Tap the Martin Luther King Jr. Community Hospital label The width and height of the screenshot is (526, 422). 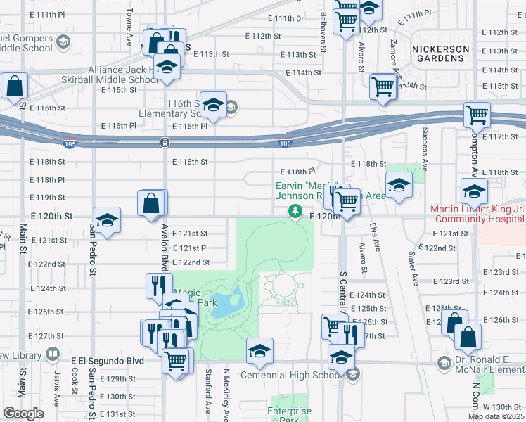(477, 215)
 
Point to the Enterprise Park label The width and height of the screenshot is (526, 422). (289, 415)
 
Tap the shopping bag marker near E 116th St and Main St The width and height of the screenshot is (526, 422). (14, 87)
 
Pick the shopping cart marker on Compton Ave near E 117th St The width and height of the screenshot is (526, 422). (477, 114)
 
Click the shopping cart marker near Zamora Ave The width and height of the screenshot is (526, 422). (383, 87)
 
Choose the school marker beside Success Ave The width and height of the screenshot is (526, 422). (399, 186)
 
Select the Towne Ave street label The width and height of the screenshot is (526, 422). (130, 27)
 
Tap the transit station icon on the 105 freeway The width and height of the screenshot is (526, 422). (164, 143)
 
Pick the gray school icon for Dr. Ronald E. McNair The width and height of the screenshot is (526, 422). (444, 363)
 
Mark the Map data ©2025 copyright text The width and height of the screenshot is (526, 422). (496, 416)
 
